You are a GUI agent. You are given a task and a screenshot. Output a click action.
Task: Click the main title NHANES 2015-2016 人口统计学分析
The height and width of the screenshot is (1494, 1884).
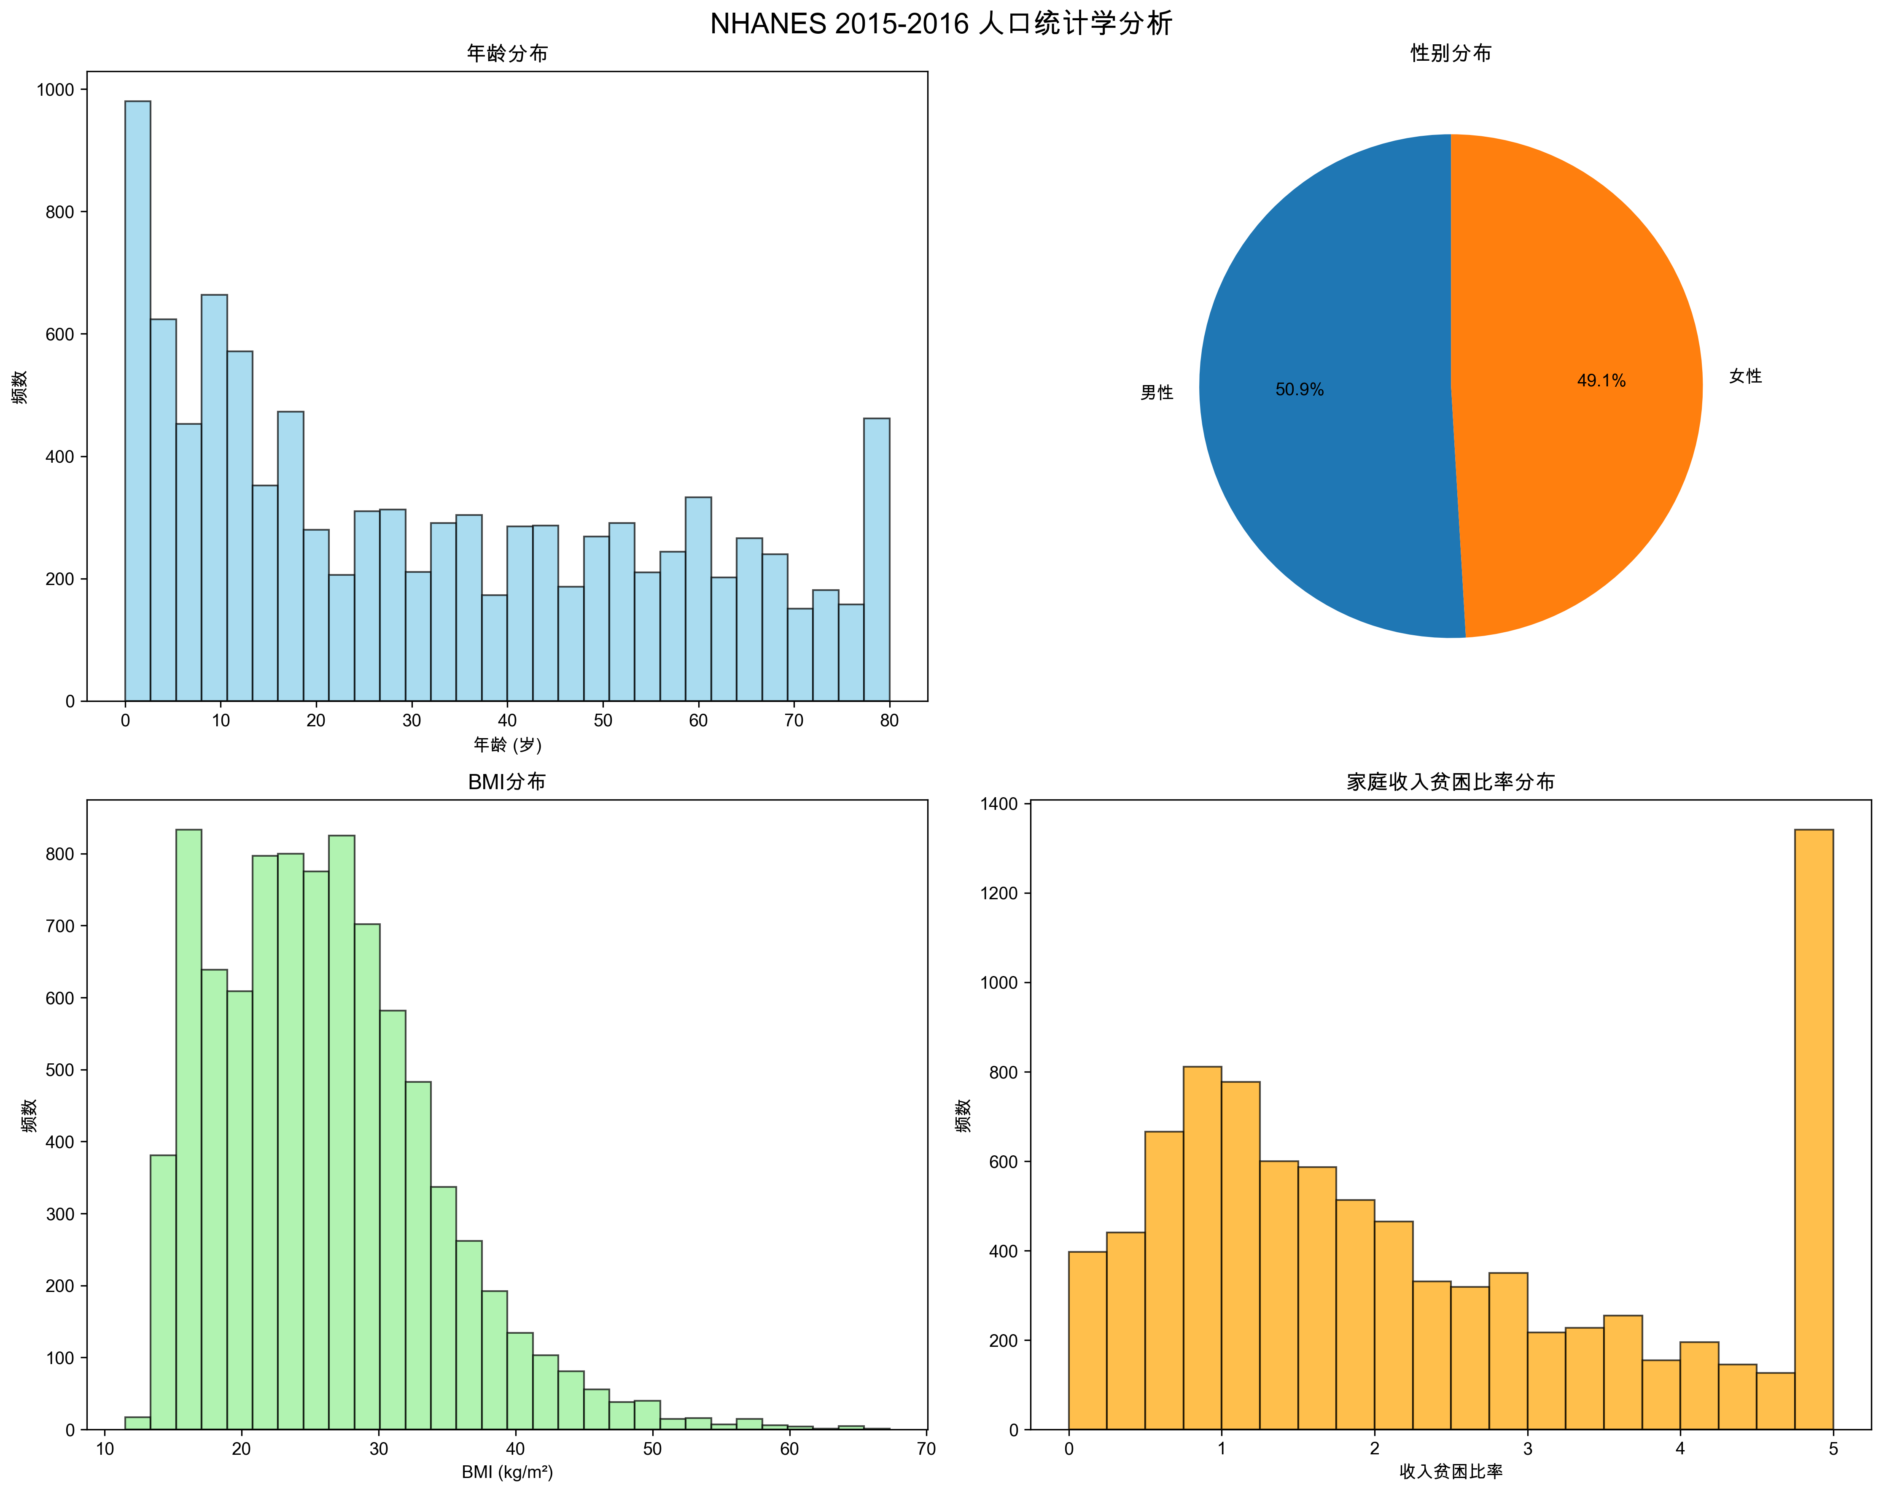click(941, 24)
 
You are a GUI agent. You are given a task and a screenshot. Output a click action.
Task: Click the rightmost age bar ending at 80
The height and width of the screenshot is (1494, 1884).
click(877, 559)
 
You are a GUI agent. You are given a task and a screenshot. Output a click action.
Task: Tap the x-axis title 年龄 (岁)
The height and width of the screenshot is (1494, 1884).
click(507, 745)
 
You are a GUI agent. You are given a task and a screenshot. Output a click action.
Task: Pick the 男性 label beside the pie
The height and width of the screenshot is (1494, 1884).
click(1156, 393)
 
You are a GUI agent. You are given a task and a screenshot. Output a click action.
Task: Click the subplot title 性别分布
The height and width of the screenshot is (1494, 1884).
click(1451, 53)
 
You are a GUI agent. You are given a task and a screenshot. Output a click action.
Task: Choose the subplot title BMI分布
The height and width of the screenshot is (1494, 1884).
click(507, 782)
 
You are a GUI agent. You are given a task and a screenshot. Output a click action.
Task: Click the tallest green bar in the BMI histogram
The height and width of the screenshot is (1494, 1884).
click(189, 1128)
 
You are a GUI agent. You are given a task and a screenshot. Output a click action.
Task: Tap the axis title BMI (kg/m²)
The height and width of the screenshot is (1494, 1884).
click(507, 1473)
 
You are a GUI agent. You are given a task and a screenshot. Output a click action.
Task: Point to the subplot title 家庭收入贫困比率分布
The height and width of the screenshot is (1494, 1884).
click(1451, 782)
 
